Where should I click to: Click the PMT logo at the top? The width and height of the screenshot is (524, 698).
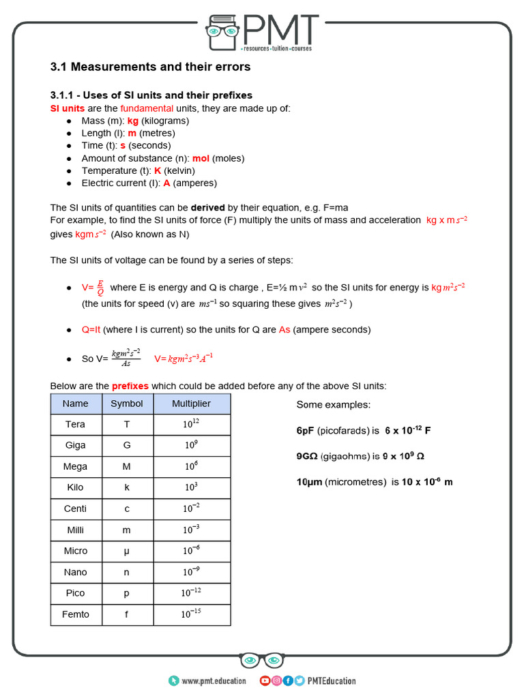tap(262, 32)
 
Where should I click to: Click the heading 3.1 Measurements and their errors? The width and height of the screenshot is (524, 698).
tap(150, 67)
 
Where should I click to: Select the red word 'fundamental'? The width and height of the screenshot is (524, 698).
tap(147, 108)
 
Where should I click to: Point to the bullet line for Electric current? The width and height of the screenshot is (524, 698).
tap(149, 183)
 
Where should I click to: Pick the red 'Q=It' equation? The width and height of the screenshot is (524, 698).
tap(91, 329)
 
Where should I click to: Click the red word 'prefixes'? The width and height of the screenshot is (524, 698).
tap(130, 386)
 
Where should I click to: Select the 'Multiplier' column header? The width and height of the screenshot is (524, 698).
tap(191, 404)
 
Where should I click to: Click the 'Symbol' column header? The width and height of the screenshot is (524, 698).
tap(127, 404)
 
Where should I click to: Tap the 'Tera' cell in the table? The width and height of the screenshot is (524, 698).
tap(75, 425)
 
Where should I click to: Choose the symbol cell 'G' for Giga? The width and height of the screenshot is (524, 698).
tap(127, 446)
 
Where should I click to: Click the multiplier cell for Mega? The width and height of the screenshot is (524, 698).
tap(191, 467)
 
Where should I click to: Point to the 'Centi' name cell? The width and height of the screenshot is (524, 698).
tap(75, 509)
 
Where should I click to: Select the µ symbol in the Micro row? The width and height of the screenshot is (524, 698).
tap(127, 551)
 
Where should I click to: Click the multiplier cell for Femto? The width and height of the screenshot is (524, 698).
tap(191, 615)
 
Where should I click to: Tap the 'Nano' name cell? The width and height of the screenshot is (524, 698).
tap(75, 573)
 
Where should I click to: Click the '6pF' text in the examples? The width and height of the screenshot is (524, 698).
tap(305, 431)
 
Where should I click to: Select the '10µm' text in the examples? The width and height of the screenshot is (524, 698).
tap(309, 482)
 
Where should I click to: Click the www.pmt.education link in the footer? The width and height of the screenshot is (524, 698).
tap(214, 680)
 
